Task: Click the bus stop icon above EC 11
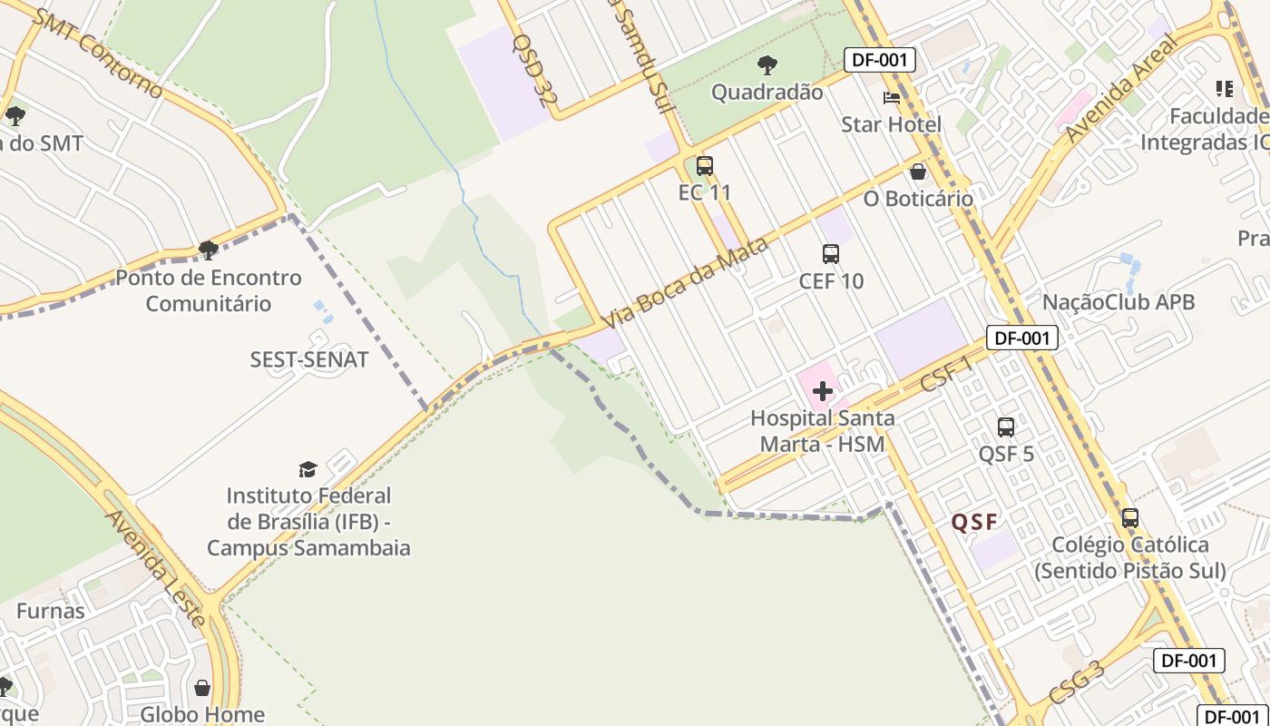click(705, 166)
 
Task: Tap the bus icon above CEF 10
click(831, 254)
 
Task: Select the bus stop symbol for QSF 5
click(1006, 427)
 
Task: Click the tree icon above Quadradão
click(767, 65)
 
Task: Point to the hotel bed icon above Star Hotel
click(892, 98)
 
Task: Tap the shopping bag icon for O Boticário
click(918, 172)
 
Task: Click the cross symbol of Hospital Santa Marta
click(823, 391)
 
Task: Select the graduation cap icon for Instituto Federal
click(308, 469)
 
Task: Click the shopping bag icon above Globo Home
click(202, 688)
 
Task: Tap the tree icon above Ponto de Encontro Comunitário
click(209, 250)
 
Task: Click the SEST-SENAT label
click(309, 359)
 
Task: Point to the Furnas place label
click(51, 611)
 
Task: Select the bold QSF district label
click(974, 522)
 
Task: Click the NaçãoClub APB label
click(1119, 302)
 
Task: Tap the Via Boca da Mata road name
click(685, 282)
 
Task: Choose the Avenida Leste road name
click(157, 568)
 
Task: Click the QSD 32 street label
click(530, 71)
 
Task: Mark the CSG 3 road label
click(1077, 682)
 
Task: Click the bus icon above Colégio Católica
click(1130, 518)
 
